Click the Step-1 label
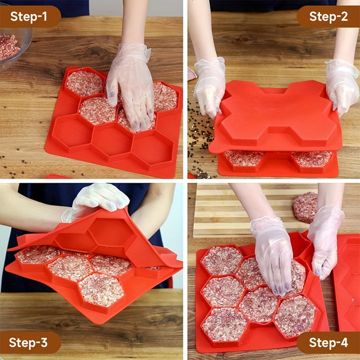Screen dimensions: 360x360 click(28, 16)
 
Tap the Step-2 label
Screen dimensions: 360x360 click(328, 16)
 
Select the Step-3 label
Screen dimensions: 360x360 click(28, 342)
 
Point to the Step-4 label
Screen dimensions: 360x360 click(328, 342)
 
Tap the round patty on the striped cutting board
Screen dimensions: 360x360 click(304, 207)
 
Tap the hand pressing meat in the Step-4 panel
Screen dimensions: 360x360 click(272, 253)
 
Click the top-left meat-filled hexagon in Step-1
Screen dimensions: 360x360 click(84, 83)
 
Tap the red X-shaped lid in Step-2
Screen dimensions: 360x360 click(275, 115)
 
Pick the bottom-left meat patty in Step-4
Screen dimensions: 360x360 click(224, 324)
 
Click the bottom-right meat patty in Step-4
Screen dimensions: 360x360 click(295, 316)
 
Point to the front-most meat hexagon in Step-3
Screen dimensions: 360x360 click(101, 289)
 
